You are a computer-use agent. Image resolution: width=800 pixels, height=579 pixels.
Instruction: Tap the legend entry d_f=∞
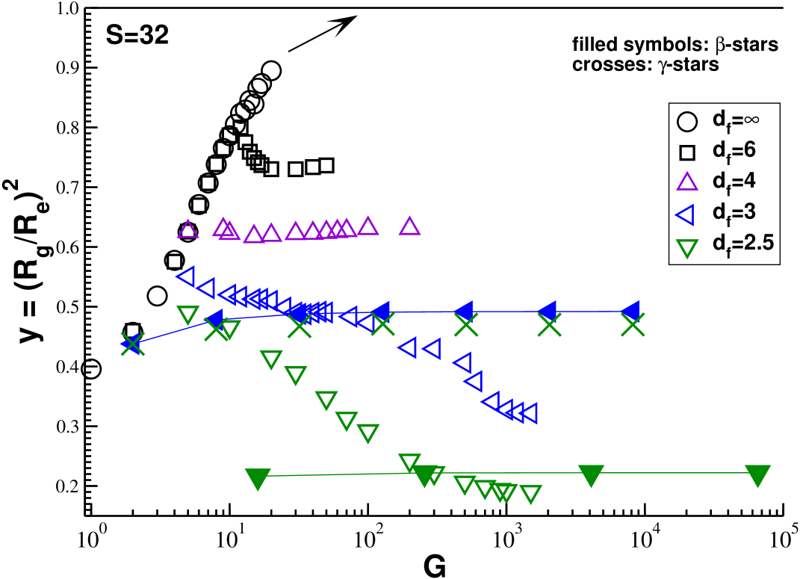713,120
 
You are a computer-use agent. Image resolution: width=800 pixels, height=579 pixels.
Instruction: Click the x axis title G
434,567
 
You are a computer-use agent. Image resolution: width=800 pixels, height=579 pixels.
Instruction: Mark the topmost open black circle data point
272,70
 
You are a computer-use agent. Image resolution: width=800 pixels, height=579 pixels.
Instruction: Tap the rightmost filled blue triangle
631,310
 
